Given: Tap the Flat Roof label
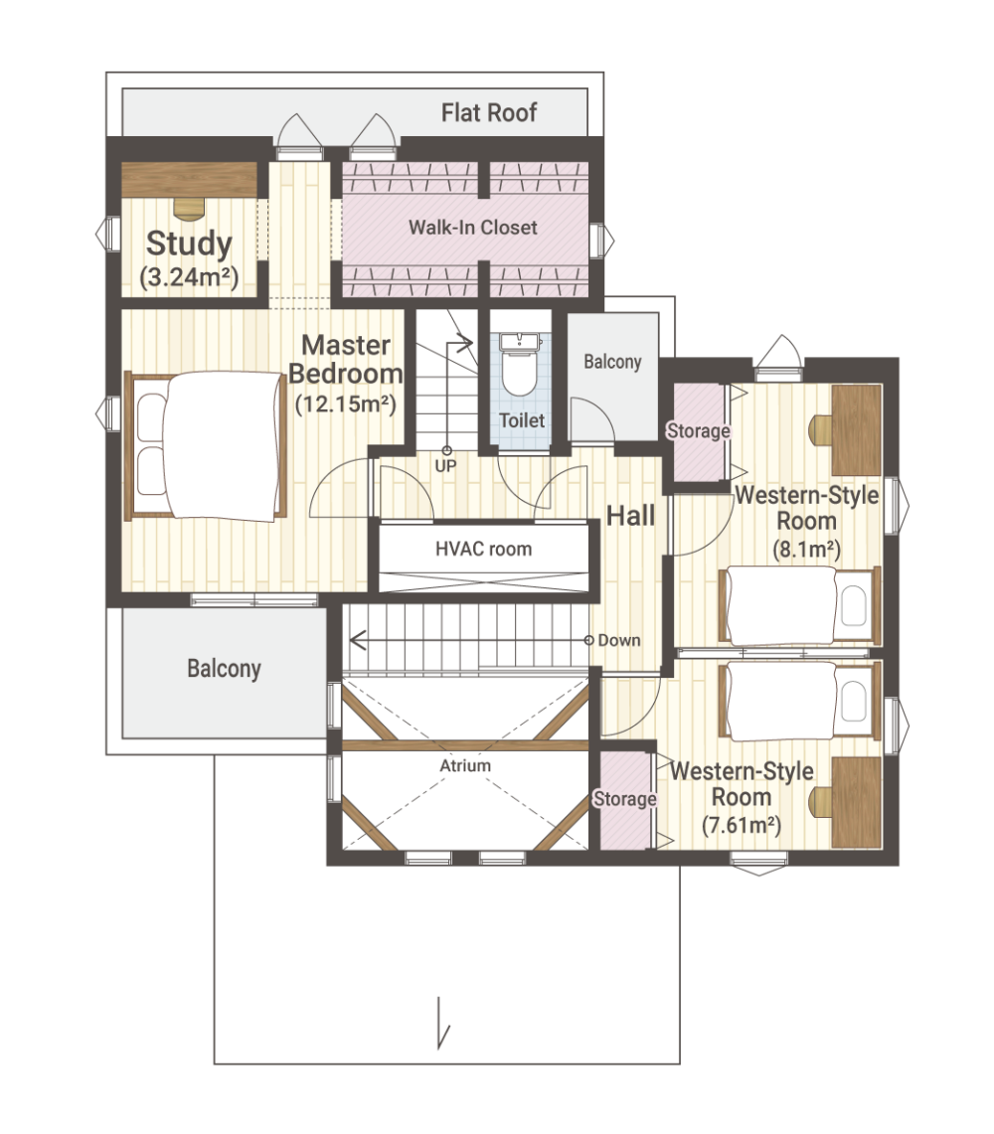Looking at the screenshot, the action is pyautogui.click(x=489, y=113).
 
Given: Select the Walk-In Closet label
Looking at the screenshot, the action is pyautogui.click(x=472, y=227).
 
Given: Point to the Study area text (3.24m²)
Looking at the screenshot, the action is pyautogui.click(x=189, y=276).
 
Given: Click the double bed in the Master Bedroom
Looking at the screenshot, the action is pyautogui.click(x=206, y=445).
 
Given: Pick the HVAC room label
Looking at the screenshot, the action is pyautogui.click(x=483, y=549).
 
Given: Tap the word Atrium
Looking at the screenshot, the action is pyautogui.click(x=465, y=765).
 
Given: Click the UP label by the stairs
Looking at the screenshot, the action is pyautogui.click(x=445, y=466).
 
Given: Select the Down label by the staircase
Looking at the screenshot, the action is pyautogui.click(x=618, y=640).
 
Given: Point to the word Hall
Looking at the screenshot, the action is pyautogui.click(x=630, y=516).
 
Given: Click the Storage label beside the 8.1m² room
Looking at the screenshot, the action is pyautogui.click(x=698, y=431).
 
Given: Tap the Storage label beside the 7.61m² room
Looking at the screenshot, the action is pyautogui.click(x=625, y=798).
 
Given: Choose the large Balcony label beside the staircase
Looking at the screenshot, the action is pyautogui.click(x=224, y=668).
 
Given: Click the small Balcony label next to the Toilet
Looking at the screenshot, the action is pyautogui.click(x=612, y=361).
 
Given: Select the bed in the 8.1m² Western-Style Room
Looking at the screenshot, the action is pyautogui.click(x=799, y=606).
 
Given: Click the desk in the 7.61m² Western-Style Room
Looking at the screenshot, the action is pyautogui.click(x=857, y=802).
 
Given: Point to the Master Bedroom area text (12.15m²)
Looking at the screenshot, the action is pyautogui.click(x=346, y=404).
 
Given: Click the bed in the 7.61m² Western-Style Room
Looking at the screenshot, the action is pyautogui.click(x=799, y=701).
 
